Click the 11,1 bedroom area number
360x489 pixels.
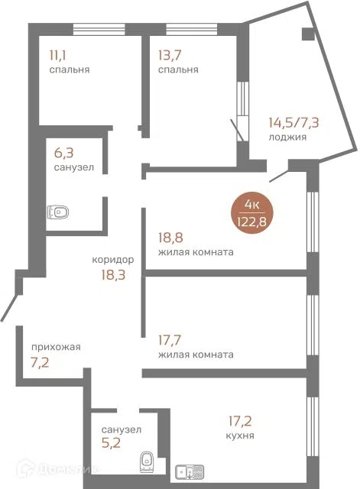57,56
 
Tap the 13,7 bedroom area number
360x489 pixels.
170,56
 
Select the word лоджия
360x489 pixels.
287,138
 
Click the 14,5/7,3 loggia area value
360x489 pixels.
294,122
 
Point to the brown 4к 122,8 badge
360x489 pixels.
251,212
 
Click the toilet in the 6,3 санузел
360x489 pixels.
58,212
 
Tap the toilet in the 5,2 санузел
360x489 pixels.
147,461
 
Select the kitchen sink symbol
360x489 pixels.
190,472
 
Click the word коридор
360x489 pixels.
113,260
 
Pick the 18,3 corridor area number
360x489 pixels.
113,275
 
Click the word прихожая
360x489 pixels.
56,347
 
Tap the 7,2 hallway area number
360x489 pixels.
40,363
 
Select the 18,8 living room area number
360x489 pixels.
170,238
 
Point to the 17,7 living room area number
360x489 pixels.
170,340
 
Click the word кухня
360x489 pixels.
240,436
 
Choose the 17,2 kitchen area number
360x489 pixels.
240,421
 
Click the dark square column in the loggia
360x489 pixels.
308,34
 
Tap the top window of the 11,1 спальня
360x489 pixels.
99,29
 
